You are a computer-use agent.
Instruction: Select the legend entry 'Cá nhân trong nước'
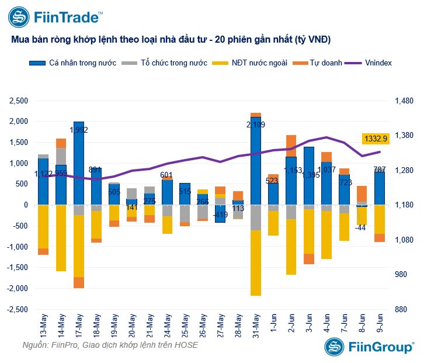[77, 63]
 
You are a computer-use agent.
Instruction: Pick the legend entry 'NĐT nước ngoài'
[252, 63]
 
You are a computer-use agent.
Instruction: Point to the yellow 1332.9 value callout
[376, 139]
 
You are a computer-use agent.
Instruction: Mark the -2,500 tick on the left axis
[17, 310]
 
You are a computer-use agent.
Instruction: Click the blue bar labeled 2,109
[256, 161]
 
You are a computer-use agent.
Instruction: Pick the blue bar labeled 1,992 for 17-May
[79, 163]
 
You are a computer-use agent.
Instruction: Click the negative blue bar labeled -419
[220, 213]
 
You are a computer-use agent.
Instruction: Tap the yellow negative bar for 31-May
[256, 263]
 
